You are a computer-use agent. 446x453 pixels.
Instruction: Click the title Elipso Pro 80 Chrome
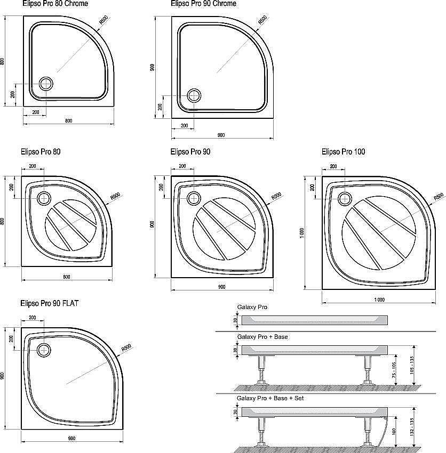click(55, 4)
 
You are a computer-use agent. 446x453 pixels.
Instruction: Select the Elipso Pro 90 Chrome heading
click(204, 4)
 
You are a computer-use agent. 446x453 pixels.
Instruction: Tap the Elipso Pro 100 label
click(343, 152)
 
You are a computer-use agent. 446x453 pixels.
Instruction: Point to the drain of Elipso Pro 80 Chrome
click(46, 84)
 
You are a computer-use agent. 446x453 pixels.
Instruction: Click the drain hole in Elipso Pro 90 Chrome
click(194, 96)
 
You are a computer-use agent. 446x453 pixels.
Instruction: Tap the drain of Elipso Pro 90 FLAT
click(44, 350)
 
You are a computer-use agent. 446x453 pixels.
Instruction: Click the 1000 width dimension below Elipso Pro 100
click(379, 300)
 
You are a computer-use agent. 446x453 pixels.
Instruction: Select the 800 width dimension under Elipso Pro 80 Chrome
click(68, 121)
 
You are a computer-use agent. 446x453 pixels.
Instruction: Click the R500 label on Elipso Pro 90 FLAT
click(126, 348)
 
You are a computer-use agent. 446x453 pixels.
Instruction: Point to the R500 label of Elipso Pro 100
click(438, 197)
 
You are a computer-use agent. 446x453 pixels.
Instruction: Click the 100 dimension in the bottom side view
click(394, 431)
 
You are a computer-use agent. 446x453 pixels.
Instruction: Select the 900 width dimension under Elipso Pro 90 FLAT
click(71, 439)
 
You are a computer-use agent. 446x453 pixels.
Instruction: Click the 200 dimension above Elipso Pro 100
click(333, 167)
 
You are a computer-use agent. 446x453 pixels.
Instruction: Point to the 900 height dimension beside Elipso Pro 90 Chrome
click(153, 68)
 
